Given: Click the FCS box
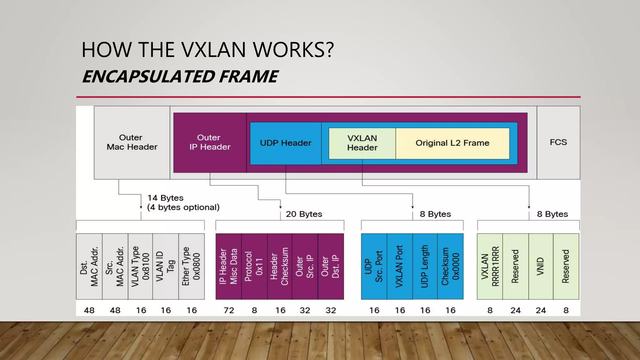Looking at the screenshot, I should pos(558,142).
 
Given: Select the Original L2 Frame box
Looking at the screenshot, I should pos(452,143).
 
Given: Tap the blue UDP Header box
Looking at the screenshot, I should pos(286,143).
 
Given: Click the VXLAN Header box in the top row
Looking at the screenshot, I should pos(362,143).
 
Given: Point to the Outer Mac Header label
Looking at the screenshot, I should pos(132,142).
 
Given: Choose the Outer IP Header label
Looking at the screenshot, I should pos(210,142).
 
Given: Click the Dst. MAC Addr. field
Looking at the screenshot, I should pos(89,266).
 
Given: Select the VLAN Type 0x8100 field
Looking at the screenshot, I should pos(140,266).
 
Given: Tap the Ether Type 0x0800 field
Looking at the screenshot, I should pos(191,266).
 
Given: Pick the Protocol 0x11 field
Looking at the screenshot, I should pos(254,266).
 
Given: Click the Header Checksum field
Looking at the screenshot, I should pos(280,266).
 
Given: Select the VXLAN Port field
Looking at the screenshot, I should pos(400,266).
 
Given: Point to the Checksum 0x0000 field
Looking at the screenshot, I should pos(450,266).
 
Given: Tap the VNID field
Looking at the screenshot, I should pos(541,266).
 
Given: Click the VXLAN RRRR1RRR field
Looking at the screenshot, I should pos(490,266).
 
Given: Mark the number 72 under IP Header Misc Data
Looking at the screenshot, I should pos(229,310).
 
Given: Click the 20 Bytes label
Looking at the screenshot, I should pos(304,214).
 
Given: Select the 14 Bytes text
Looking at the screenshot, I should pos(165,198).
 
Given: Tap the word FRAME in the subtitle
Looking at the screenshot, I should pos(248,77).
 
